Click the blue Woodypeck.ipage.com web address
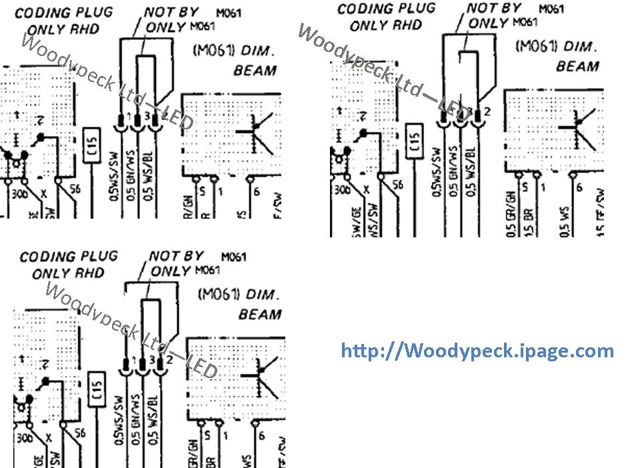[477, 351]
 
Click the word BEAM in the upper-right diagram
[577, 66]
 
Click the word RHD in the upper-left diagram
[85, 30]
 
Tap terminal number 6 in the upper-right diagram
[579, 188]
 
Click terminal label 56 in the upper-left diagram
[79, 189]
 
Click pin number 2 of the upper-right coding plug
[487, 111]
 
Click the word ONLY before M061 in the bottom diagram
[171, 271]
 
